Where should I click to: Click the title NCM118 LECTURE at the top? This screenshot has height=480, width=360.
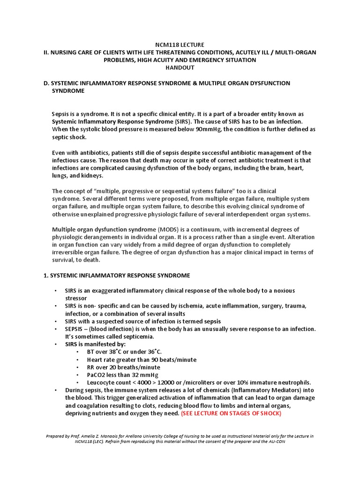[180, 45]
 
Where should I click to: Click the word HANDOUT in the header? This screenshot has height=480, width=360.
[180, 67]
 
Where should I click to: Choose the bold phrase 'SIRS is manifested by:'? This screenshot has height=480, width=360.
[92, 344]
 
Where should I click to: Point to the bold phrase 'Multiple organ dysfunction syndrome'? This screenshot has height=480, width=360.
[104, 229]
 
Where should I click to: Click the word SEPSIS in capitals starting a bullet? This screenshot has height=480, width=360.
[76, 329]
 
